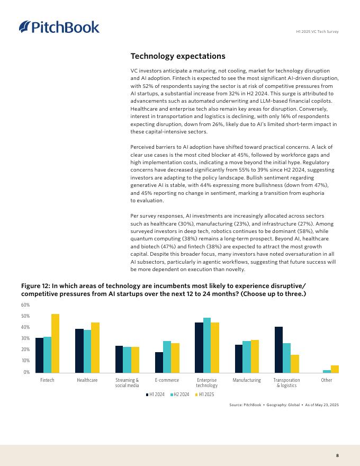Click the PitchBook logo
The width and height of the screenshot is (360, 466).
59,27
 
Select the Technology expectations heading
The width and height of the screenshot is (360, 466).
178,56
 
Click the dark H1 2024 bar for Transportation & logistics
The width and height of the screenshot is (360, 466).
278,349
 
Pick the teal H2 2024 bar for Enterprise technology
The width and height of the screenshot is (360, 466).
207,345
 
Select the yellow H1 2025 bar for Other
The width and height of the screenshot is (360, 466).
335,369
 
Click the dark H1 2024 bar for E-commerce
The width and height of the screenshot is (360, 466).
159,362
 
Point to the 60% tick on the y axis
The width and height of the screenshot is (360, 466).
25,305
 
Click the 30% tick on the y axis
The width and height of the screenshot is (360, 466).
25,338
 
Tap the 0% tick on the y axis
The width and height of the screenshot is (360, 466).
26,372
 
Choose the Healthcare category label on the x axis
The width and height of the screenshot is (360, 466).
87,380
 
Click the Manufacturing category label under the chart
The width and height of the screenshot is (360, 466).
247,380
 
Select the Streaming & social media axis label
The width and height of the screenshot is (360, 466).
127,383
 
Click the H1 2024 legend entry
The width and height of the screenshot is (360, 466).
155,395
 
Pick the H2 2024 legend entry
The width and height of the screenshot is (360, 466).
181,395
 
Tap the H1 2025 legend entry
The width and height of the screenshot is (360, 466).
205,395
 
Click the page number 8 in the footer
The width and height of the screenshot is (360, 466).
338,455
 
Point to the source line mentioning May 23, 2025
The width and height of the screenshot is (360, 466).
284,405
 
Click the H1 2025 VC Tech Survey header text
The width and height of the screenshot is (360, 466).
317,32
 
